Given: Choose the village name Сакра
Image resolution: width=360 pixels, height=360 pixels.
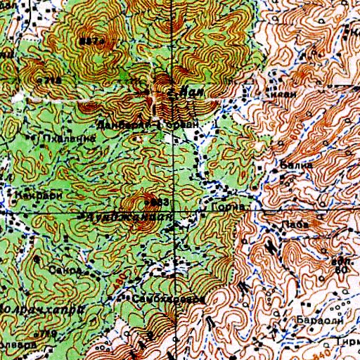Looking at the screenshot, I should coord(63,269).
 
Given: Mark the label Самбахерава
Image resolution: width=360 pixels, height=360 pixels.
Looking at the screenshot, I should coord(169,299).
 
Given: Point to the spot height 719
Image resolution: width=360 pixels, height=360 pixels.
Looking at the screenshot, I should coord(46,333).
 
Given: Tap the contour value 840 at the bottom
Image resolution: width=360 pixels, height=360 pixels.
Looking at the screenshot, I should coord(319,345).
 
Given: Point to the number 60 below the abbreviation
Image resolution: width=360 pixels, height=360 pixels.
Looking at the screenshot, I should coord(342,269).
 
